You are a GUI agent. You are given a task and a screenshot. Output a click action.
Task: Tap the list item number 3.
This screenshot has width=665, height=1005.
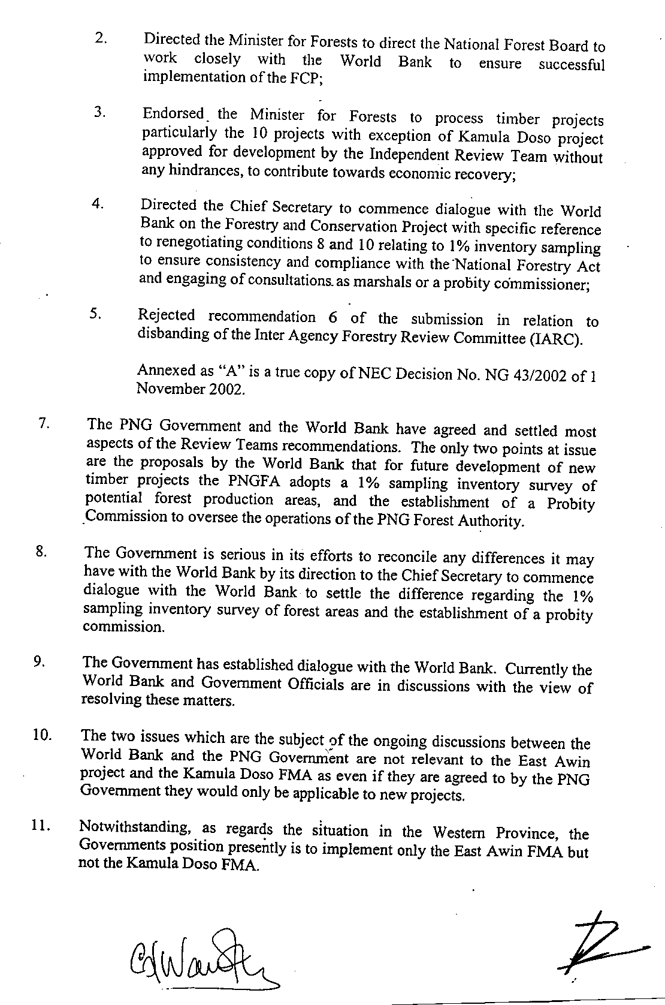(101, 112)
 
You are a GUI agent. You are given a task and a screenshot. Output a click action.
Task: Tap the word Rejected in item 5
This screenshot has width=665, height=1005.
(167, 316)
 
